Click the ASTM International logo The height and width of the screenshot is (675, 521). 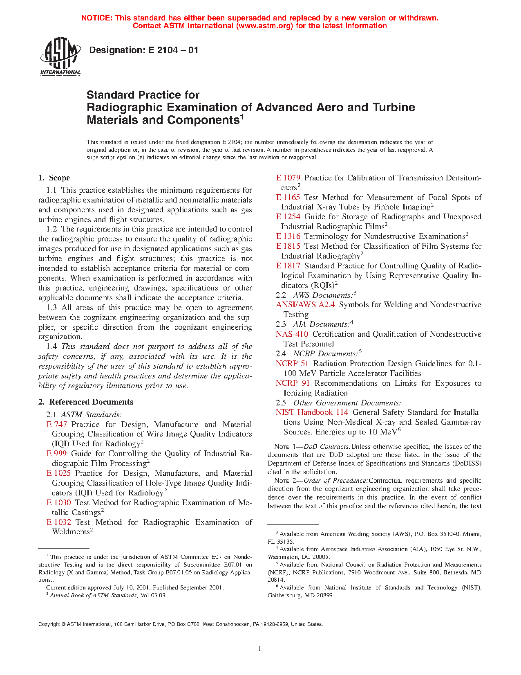(60, 56)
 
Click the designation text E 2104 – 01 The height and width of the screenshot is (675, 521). (143, 50)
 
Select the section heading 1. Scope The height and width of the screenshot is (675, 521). (54, 178)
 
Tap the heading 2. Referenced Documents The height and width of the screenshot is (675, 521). (86, 402)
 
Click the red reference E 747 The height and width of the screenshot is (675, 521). (57, 425)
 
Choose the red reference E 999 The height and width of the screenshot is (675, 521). (57, 454)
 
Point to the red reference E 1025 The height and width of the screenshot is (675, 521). (59, 473)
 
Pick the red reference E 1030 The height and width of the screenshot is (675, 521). (59, 503)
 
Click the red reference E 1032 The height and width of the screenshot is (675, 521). (59, 522)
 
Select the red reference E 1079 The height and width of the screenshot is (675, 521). (288, 178)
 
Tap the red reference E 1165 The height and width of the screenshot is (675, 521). (288, 198)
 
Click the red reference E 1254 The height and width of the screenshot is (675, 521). (288, 217)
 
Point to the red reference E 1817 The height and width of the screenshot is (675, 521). (288, 266)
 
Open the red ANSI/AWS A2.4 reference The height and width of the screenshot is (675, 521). (305, 305)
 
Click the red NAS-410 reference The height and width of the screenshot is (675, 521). (292, 334)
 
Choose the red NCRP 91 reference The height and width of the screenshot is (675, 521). (293, 383)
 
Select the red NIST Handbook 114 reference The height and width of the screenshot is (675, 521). (312, 412)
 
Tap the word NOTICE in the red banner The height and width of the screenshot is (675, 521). (96, 18)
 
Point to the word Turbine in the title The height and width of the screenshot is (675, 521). (394, 107)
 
